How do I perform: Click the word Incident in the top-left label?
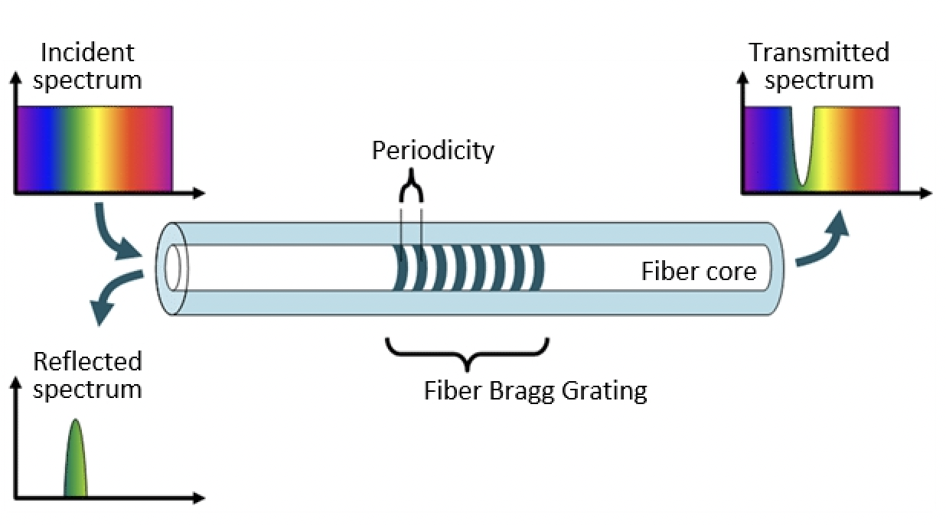pos(87,53)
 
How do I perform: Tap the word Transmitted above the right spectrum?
pos(818,53)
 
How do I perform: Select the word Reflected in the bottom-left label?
pos(87,361)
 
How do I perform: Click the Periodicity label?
pos(432,150)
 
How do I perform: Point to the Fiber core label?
pos(698,271)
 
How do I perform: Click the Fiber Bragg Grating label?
pos(535,391)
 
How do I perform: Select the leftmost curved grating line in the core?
pos(398,268)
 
